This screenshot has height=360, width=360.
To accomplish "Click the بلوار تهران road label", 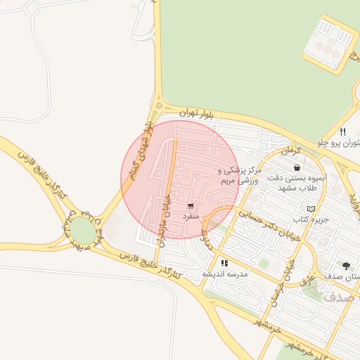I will tap(196, 113).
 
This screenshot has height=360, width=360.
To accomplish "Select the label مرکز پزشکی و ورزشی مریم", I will tap(240, 175).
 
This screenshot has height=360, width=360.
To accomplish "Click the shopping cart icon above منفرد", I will tap(191, 206).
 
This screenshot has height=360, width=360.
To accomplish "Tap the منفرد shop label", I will tap(191, 217).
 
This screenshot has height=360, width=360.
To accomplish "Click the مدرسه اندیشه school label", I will tap(224, 274).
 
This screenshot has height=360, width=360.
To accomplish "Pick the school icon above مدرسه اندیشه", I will tap(224, 264).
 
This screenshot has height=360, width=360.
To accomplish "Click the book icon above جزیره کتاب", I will tap(311, 209).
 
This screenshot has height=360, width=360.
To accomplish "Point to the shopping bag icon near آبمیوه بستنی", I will tap(297, 168).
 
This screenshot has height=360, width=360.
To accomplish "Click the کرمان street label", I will tap(290, 151).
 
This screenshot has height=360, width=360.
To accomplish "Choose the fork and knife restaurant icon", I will tap(342, 131).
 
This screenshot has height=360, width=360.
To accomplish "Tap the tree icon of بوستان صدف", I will tap(345, 266).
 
